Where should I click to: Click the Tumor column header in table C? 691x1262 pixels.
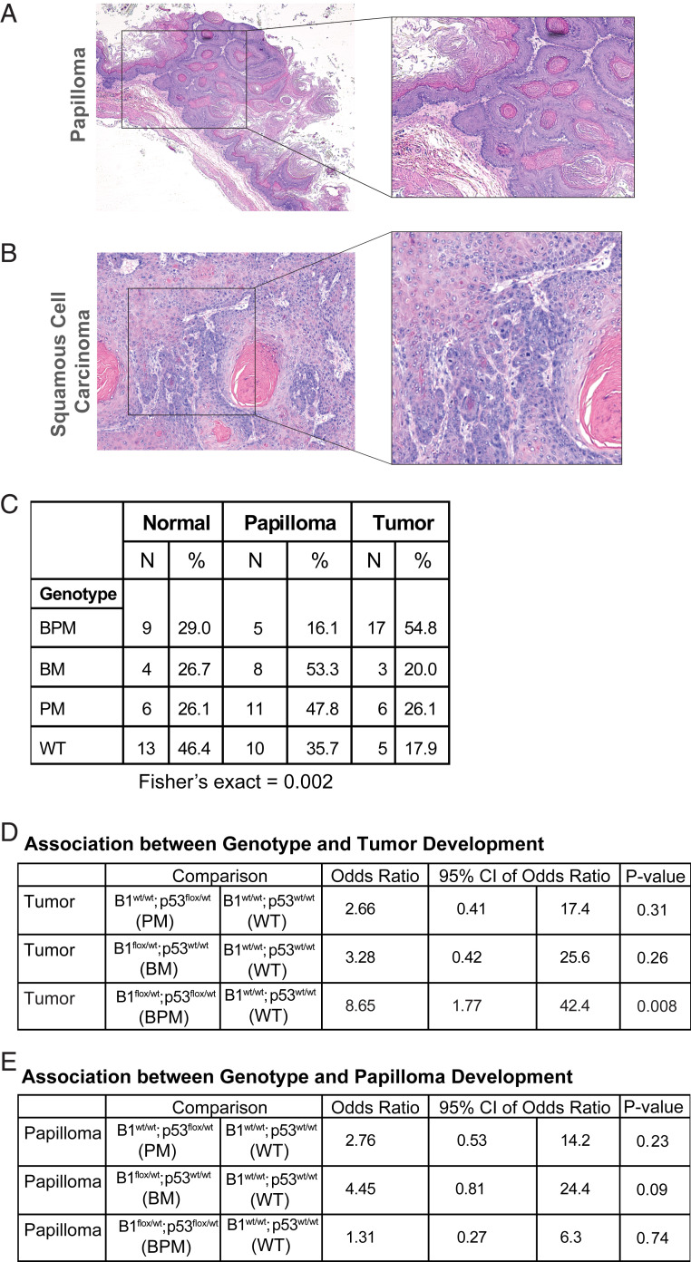[x=401, y=522]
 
